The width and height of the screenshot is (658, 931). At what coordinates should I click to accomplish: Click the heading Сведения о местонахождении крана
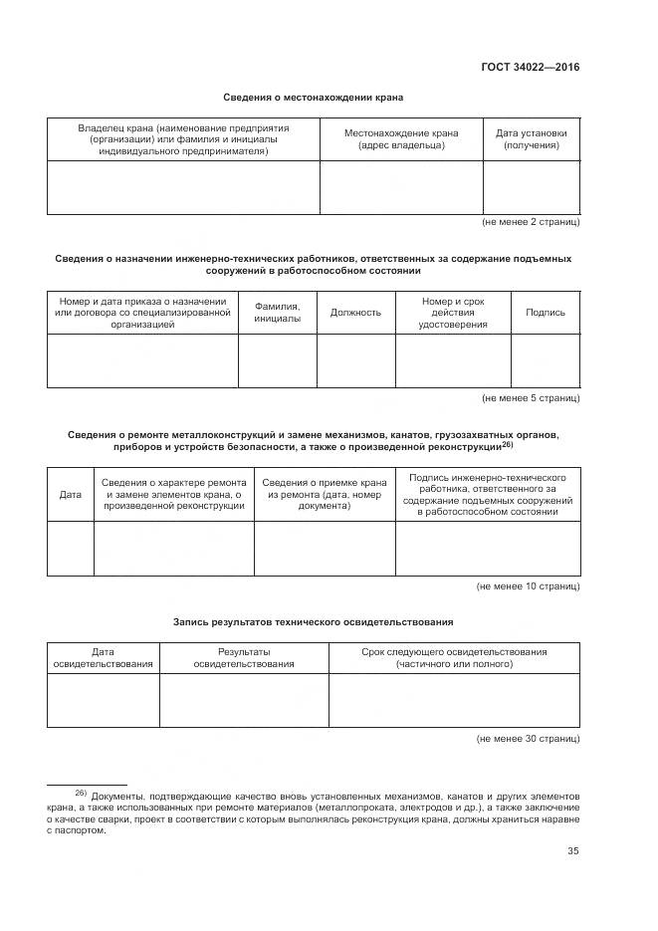click(x=313, y=98)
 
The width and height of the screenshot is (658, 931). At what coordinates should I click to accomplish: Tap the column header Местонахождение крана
click(x=401, y=139)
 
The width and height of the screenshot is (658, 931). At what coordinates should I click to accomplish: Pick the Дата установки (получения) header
click(x=531, y=139)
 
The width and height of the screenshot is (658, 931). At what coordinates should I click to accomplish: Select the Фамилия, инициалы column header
click(x=277, y=312)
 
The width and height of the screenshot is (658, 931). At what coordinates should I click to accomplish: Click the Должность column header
click(x=355, y=312)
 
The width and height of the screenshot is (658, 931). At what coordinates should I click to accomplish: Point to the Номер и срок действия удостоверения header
click(x=453, y=312)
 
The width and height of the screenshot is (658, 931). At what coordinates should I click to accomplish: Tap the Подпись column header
click(x=545, y=312)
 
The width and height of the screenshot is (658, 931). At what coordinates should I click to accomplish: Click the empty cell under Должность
click(x=355, y=360)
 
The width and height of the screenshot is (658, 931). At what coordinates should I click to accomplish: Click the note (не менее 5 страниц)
click(x=530, y=397)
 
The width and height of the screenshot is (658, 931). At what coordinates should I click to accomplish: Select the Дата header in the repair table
click(x=71, y=494)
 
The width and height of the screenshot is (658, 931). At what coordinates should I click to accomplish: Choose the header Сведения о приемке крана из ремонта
click(x=325, y=494)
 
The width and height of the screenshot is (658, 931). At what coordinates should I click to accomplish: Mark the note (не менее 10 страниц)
click(x=528, y=586)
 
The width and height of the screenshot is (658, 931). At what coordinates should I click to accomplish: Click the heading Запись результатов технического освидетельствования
click(x=313, y=621)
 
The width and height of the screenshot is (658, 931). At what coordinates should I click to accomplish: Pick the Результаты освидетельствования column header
click(x=244, y=657)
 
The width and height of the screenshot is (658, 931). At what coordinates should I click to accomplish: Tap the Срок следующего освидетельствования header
click(x=454, y=657)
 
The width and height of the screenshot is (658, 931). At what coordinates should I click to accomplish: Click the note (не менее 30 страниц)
click(x=528, y=739)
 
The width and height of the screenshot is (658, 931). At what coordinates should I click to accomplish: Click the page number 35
click(x=572, y=850)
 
